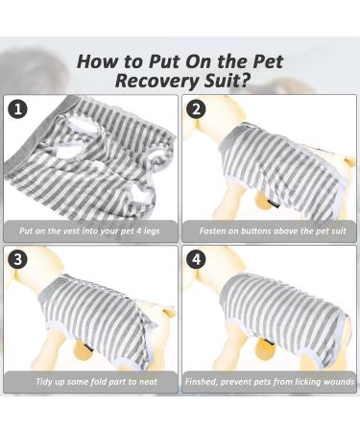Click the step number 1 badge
point(18,108)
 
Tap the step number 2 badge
point(197,108)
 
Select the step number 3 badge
point(18,260)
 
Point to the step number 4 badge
point(197,260)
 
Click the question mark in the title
point(244,81)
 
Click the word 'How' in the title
point(100,60)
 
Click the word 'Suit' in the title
point(219,81)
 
